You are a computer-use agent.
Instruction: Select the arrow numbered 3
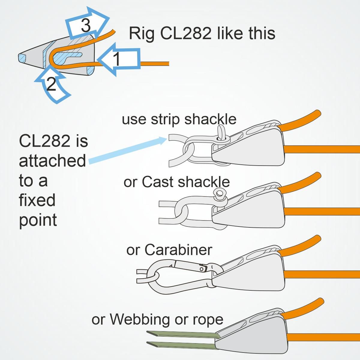[x=87, y=24]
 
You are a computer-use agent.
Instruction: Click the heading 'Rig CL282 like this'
[x=202, y=33]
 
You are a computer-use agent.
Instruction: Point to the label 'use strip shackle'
[x=179, y=119]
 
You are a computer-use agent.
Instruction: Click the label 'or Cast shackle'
[x=177, y=182]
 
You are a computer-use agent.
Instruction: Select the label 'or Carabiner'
[x=169, y=250]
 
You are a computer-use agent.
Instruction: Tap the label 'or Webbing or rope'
[x=157, y=319]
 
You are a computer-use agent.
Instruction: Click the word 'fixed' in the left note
[x=37, y=200]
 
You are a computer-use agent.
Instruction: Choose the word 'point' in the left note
[x=38, y=220]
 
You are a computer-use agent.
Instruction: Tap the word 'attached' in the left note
[x=52, y=161]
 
